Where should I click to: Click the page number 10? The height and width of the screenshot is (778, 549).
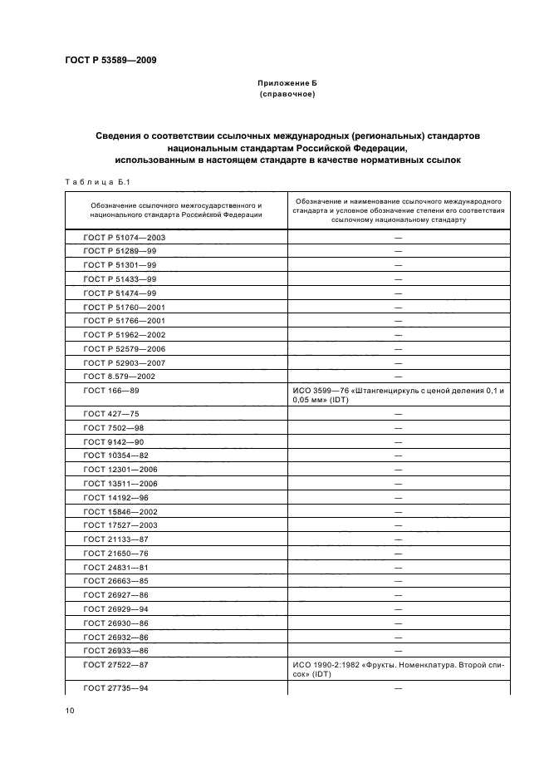[x=70, y=710]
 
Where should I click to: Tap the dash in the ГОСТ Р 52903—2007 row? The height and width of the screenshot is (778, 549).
[x=399, y=363]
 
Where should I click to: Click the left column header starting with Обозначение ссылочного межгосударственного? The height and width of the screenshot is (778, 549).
[x=176, y=209]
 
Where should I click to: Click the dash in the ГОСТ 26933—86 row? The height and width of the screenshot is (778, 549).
[x=399, y=650]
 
